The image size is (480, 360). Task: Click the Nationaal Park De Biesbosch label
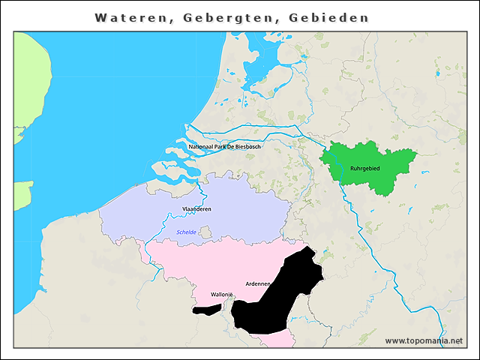(x=225, y=146)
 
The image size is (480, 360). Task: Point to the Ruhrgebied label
(x=365, y=168)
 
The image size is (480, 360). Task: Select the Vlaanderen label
(x=196, y=208)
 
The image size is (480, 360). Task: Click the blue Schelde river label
(x=186, y=232)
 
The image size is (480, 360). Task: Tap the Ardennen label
(x=257, y=283)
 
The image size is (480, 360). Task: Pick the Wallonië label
(x=223, y=294)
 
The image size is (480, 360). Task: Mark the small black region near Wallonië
(x=206, y=309)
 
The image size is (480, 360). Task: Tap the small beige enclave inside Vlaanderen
(x=205, y=233)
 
